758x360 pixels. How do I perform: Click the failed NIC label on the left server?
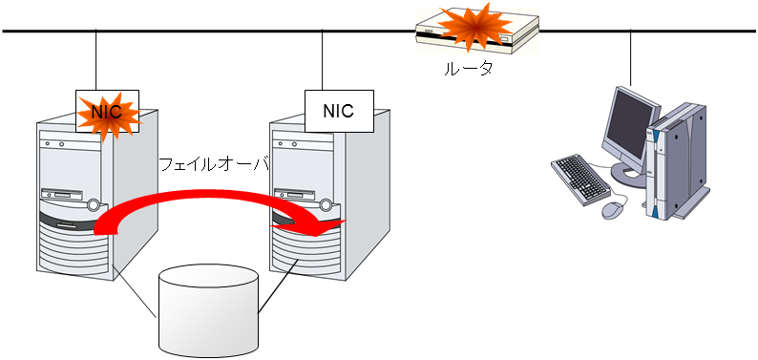(x=107, y=112)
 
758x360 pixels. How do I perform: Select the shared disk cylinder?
(x=209, y=307)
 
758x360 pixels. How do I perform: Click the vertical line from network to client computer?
(x=630, y=57)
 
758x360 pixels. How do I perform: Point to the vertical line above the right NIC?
(x=324, y=59)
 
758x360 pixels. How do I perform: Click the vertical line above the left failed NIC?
(x=96, y=59)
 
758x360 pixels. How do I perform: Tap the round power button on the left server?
(x=93, y=204)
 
